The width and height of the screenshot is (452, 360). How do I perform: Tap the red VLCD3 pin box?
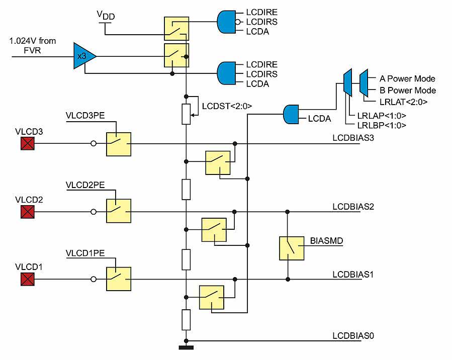[27, 144]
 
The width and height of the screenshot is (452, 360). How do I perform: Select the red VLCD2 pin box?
[27, 212]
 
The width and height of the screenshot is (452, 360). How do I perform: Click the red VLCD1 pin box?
[27, 279]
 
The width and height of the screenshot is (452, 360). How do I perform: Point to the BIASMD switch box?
[292, 248]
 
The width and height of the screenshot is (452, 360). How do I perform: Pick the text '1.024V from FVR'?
[33, 45]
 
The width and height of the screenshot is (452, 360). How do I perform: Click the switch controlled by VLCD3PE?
[119, 144]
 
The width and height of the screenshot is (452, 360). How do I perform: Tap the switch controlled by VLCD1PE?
[119, 279]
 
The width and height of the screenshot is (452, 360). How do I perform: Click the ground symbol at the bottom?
[186, 347]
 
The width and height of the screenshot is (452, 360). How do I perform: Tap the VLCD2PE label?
[85, 185]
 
